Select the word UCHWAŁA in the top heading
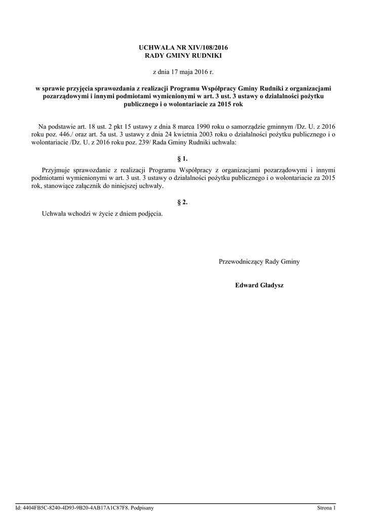point(154,47)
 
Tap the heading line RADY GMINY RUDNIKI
point(183,55)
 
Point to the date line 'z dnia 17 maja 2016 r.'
point(183,72)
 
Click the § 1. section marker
point(183,159)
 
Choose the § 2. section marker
point(183,202)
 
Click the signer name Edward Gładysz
point(259,285)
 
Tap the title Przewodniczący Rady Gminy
point(259,262)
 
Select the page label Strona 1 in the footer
point(327,507)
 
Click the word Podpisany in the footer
point(142,507)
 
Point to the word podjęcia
point(149,213)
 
